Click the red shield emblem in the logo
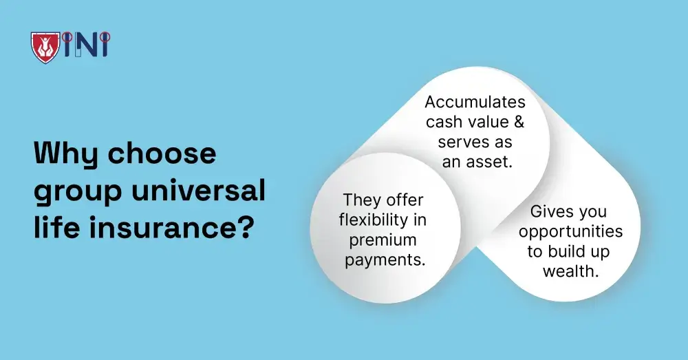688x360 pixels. coord(45,45)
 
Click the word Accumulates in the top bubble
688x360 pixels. coord(475,103)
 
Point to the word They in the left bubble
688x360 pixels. coord(360,200)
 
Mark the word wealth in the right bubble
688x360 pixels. coord(570,271)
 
